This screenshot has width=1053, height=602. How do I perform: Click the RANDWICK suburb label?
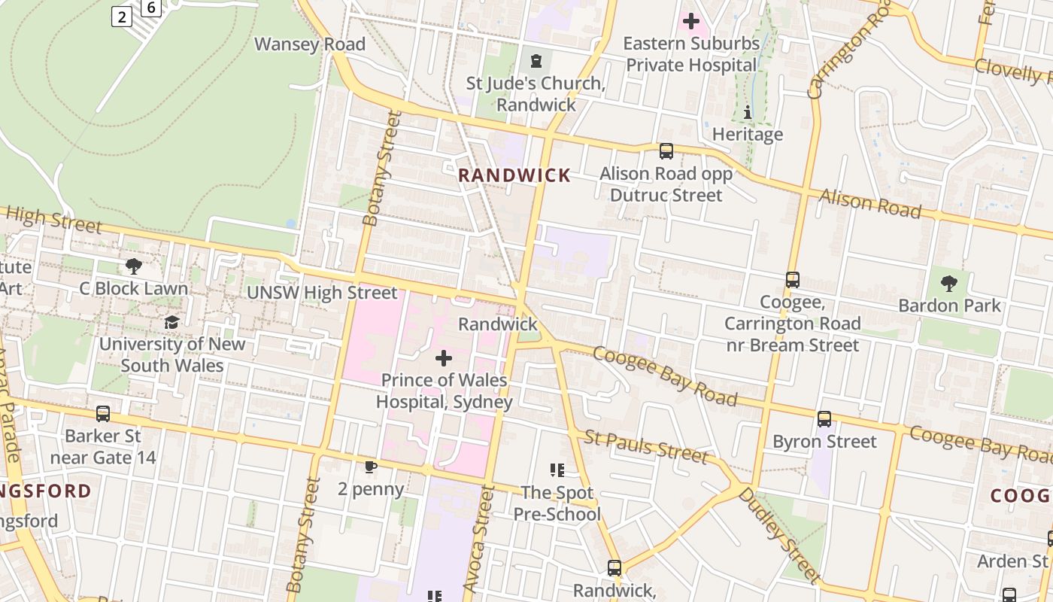[x=514, y=175]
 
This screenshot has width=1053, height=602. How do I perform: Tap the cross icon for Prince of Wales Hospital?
[x=444, y=358]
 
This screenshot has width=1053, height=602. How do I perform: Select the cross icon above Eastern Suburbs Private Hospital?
[x=691, y=21]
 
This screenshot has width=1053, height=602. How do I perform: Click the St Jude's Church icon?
[x=536, y=61]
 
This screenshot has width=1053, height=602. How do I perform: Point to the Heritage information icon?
[x=747, y=113]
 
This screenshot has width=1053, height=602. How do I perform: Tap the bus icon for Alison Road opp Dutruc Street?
[x=666, y=151]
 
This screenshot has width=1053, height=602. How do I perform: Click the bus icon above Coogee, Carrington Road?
[x=792, y=280]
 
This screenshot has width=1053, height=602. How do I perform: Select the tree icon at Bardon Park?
[x=949, y=284]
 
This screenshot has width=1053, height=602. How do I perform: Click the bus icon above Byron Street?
[x=824, y=419]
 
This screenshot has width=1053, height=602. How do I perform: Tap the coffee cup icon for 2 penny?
[x=370, y=467]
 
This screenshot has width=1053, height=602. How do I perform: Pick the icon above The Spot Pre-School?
[x=557, y=470]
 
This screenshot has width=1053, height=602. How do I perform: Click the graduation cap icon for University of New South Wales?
[x=171, y=322]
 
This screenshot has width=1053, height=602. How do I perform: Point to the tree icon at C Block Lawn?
[x=134, y=266]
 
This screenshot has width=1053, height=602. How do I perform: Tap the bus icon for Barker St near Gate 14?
[x=103, y=414]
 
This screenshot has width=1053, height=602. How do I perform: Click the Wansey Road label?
[x=309, y=44]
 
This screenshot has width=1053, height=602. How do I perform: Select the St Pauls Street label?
[x=645, y=446]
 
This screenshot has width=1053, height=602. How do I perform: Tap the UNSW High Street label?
[x=322, y=293]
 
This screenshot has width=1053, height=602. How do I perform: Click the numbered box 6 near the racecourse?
[x=151, y=8]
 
